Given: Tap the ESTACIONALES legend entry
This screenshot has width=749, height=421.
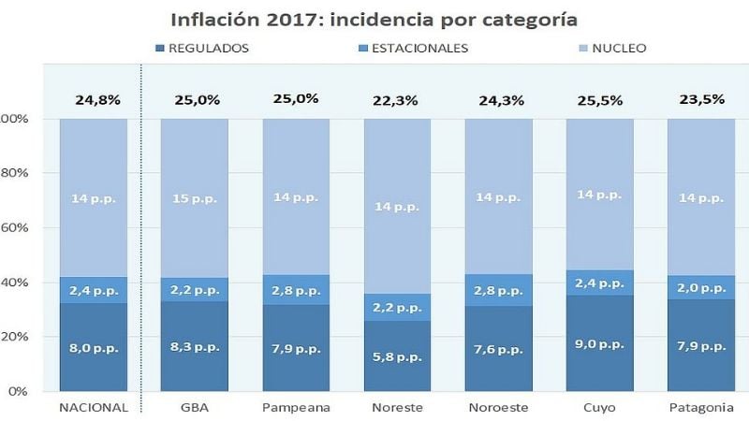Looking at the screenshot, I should (414, 48).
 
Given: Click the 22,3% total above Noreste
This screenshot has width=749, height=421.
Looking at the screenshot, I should (398, 100).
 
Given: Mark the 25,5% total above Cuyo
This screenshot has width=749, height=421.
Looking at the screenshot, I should (600, 99).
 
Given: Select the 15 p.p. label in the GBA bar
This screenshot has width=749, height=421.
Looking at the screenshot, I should (195, 198).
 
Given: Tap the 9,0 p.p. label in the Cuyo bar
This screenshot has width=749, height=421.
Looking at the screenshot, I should (600, 344).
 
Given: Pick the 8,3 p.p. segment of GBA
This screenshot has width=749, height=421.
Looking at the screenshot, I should (195, 346).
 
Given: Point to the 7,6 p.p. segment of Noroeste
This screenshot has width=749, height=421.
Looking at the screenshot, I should (499, 348).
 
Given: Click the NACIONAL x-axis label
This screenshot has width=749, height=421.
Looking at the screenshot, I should (93, 408).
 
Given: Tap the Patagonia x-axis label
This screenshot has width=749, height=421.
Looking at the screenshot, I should (701, 408).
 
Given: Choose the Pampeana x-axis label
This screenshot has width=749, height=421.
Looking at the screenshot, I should (296, 408).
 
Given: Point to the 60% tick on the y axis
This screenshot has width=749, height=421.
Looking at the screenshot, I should (14, 227).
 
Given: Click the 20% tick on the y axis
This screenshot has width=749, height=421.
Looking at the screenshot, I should (14, 336).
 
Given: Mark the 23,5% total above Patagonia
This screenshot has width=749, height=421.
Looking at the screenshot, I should (701, 99).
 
